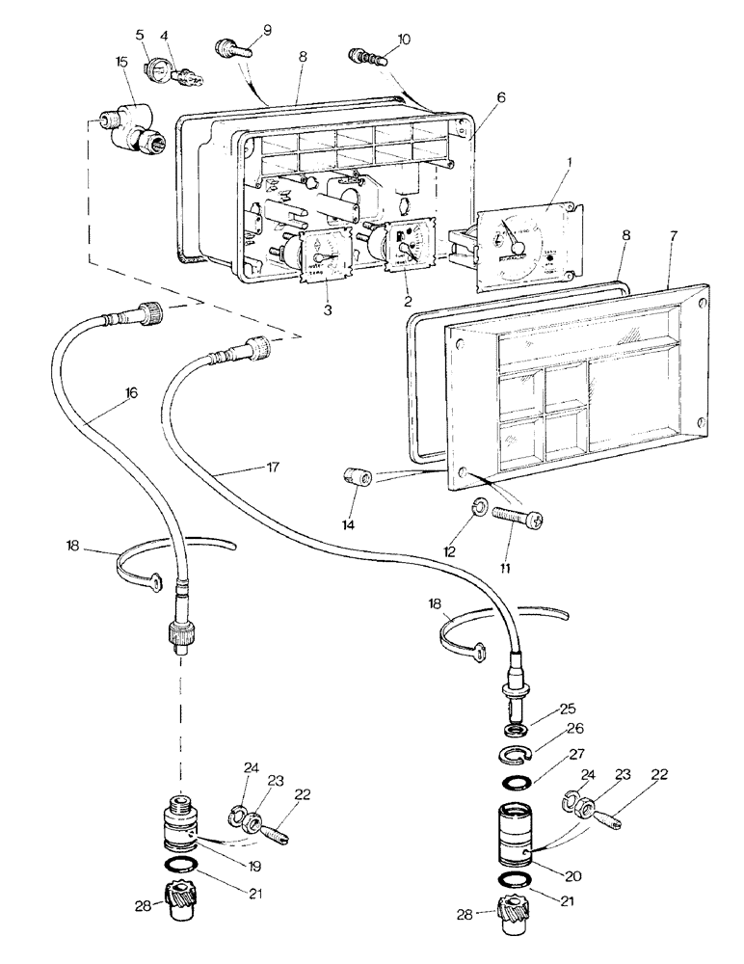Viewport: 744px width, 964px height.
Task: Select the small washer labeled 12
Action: click(x=478, y=507)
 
